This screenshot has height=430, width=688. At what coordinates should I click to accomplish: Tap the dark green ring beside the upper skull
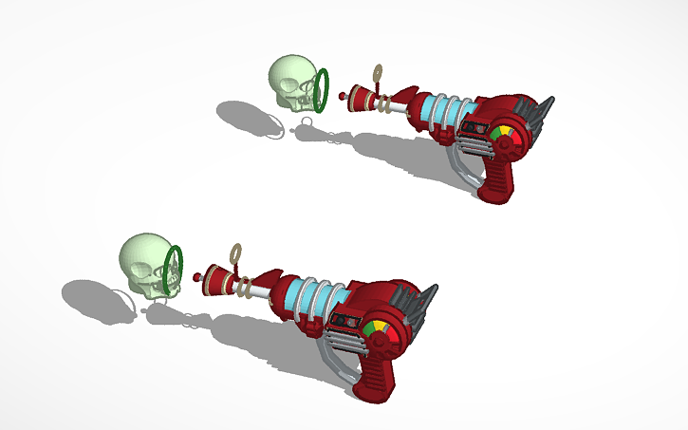click(323, 88)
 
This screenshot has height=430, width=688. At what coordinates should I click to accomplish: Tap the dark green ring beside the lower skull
click(173, 269)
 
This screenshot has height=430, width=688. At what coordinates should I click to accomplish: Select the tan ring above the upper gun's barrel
click(379, 70)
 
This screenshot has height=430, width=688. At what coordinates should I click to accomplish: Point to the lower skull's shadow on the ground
click(95, 295)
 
